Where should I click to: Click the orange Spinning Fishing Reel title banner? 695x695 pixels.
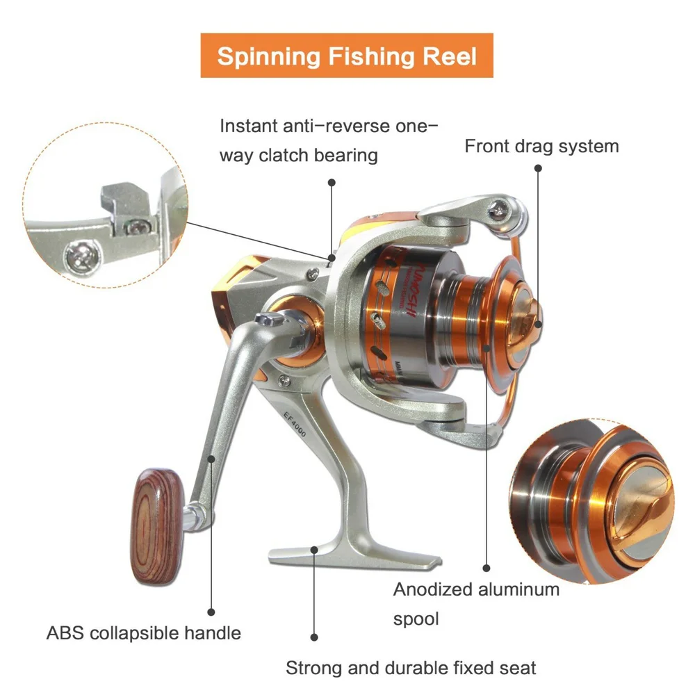click(347, 56)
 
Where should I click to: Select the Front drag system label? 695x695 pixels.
click(541, 147)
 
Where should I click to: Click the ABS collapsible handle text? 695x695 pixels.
click(144, 633)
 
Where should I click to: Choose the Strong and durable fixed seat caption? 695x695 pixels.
click(411, 668)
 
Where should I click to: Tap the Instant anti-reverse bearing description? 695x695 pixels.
click(329, 140)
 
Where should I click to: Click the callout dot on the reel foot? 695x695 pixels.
click(315, 549)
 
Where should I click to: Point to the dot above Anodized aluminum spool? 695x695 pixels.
click(486, 567)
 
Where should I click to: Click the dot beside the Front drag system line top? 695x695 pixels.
click(537, 168)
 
